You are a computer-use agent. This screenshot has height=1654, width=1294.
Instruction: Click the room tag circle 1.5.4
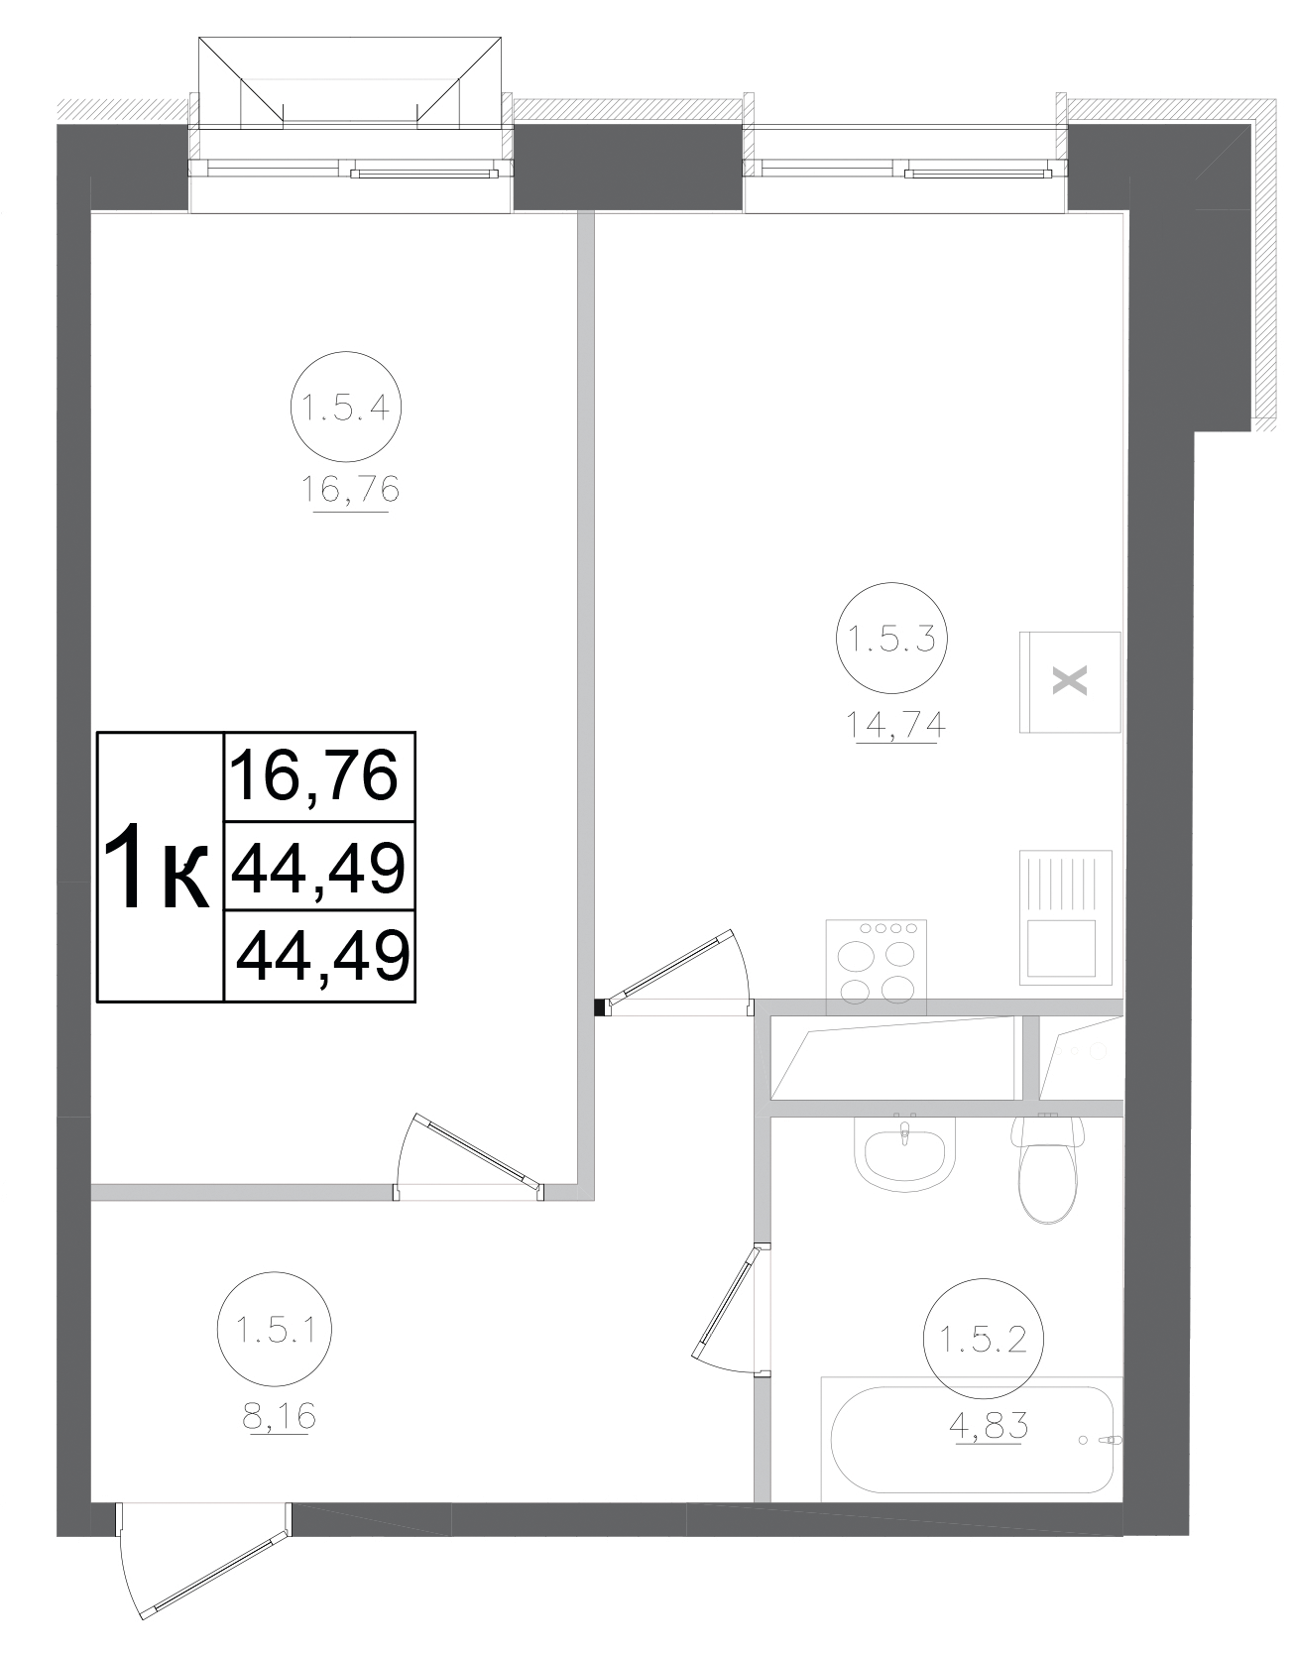[x=345, y=408]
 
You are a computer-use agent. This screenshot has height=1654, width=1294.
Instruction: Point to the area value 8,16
[x=279, y=1416]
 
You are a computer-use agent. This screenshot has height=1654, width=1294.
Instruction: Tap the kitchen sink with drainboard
[x=1065, y=917]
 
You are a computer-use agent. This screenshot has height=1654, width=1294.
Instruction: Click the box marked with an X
[x=1069, y=682]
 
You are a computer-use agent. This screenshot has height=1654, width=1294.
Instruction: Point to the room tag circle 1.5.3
[x=892, y=639]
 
